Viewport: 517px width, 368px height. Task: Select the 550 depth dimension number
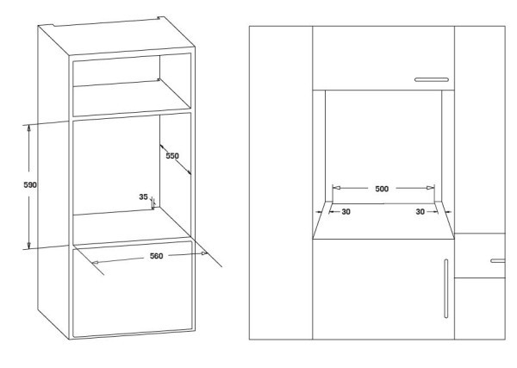[172, 157]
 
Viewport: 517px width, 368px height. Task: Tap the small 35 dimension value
[143, 196]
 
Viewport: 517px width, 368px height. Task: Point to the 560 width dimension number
[157, 255]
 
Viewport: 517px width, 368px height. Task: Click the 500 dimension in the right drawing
[383, 187]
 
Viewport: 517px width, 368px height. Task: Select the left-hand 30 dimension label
[345, 211]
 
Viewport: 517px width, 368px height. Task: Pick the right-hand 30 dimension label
[421, 211]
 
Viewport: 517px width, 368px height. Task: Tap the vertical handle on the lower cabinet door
[446, 290]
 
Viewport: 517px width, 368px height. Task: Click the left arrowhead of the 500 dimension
[336, 187]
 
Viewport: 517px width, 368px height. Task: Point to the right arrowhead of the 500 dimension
[430, 187]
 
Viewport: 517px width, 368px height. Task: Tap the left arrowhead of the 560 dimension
[94, 262]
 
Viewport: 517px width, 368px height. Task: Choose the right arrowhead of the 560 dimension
[205, 253]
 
